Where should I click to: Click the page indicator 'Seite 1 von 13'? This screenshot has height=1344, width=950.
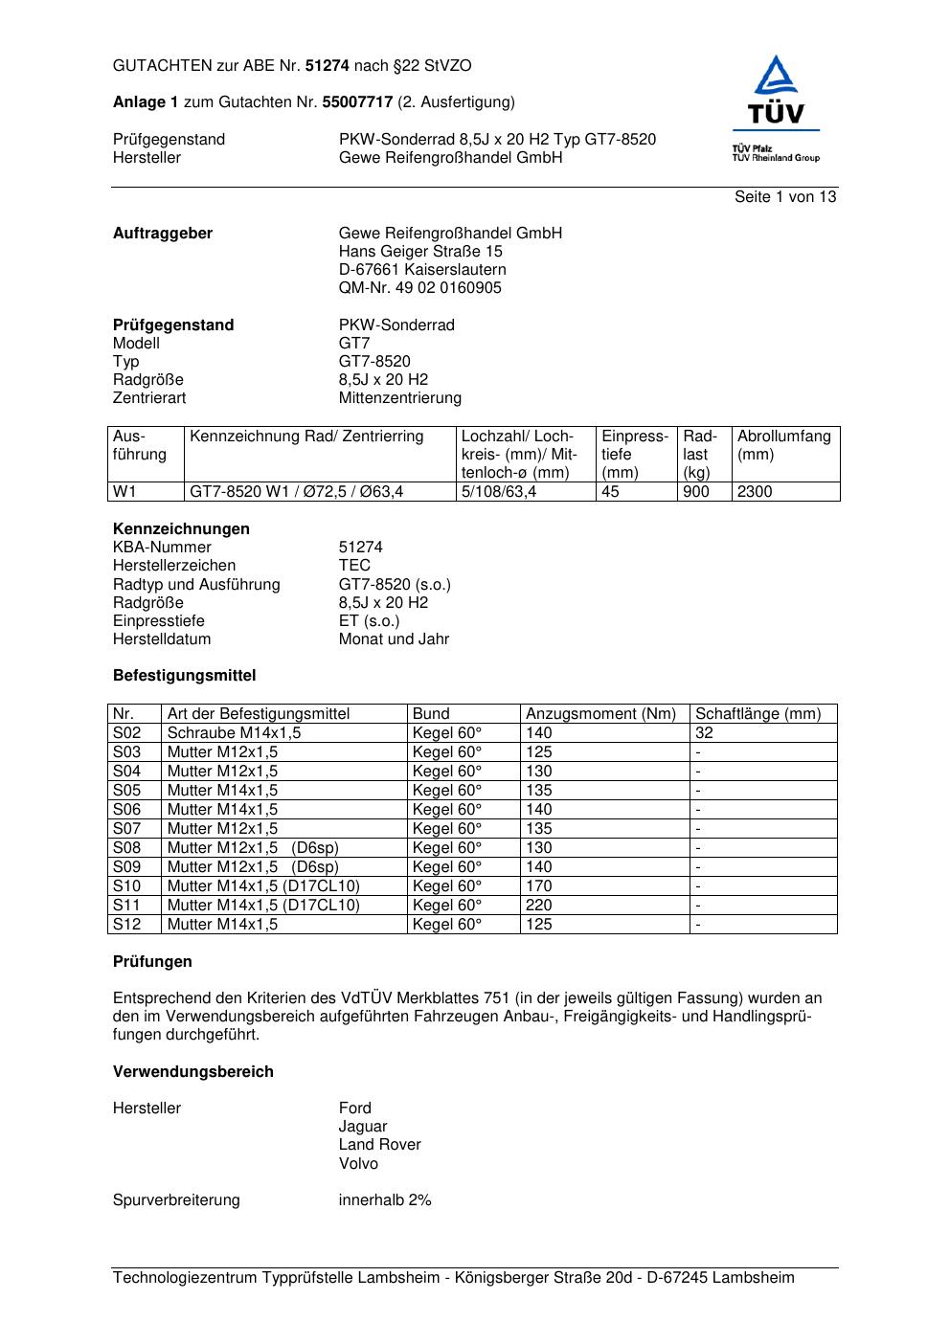[784, 197]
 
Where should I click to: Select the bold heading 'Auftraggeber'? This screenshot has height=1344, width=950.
[163, 234]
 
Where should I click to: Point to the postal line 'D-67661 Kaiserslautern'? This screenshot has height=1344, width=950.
[422, 270]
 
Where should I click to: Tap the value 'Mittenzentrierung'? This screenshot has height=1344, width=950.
[399, 398]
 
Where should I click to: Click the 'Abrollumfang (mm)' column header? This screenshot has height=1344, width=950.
[784, 445]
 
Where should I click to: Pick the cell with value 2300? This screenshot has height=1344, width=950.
[755, 492]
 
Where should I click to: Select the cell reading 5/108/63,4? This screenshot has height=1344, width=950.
[499, 492]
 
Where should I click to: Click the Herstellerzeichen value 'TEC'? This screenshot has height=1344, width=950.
[354, 566]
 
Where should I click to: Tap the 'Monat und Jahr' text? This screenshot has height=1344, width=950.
[394, 639]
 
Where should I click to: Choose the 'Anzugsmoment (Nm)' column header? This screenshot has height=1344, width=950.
[600, 714]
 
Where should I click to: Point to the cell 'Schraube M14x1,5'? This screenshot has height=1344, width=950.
[234, 733]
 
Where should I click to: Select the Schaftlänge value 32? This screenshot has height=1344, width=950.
[704, 733]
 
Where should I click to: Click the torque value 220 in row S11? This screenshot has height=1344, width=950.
[539, 906]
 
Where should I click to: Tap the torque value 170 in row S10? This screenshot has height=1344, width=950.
[539, 886]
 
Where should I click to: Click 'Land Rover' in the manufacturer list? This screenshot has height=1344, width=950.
[379, 1145]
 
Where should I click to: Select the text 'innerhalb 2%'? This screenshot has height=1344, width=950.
[385, 1200]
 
